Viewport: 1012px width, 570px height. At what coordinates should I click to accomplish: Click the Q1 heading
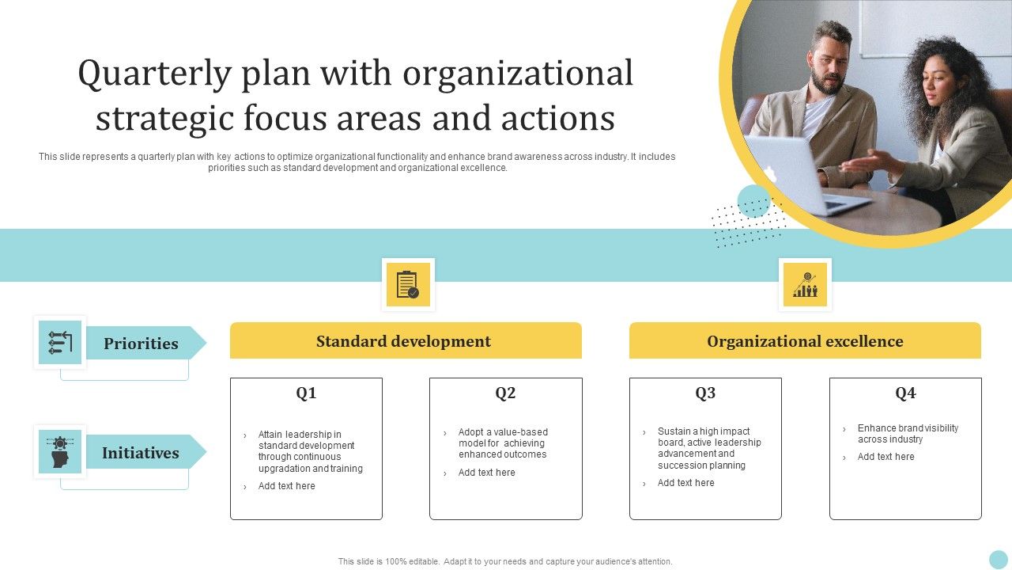306,393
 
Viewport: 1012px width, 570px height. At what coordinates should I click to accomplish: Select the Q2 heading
505,393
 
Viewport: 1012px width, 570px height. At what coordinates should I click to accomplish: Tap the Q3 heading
705,393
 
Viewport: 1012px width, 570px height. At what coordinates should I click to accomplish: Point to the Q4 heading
905,393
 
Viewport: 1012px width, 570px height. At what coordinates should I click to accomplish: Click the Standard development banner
406,340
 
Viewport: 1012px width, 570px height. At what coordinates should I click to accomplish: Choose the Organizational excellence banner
805,340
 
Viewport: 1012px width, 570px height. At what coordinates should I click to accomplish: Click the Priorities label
141,344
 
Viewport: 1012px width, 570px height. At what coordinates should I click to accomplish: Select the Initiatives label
141,453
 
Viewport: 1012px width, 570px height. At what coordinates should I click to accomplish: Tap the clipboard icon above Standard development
407,284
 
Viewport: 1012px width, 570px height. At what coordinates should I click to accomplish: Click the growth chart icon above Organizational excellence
805,284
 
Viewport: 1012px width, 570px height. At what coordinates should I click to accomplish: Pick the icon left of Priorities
60,343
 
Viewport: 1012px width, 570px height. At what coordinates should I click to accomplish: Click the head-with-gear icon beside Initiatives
60,452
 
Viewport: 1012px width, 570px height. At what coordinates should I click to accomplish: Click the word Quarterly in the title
154,74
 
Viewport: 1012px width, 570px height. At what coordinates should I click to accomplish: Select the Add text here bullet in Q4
885,457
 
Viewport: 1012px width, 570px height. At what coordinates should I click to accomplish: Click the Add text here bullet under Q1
286,486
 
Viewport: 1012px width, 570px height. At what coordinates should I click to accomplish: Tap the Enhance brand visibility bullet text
908,433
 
